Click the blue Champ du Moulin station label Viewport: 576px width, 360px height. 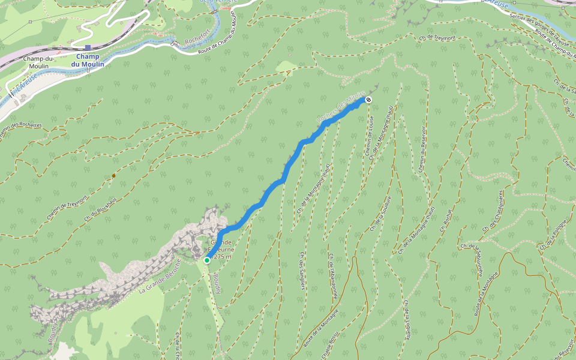tap(88, 61)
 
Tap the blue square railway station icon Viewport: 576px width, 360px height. tap(88, 47)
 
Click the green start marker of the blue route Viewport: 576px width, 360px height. tap(207, 260)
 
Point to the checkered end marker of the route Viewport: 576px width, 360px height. tap(368, 100)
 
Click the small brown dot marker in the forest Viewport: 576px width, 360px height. tap(113, 176)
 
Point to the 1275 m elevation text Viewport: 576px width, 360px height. tap(220, 257)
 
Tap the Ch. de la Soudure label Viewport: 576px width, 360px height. tap(381, 213)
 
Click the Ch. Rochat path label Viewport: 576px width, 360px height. tap(445, 221)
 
